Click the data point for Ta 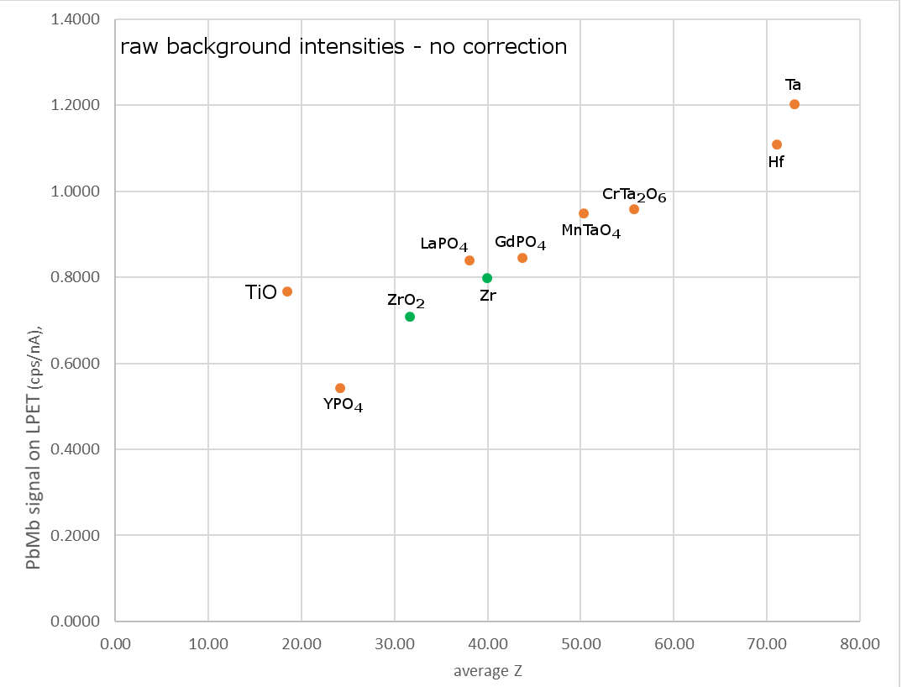point(794,104)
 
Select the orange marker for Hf point(777,144)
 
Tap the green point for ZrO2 point(410,317)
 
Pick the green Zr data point point(487,278)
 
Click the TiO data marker point(287,291)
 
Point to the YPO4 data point point(340,388)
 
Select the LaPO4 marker point(469,260)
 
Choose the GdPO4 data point point(522,258)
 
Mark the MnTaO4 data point point(584,213)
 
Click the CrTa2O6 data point point(634,209)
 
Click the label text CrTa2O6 point(634,195)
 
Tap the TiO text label point(260,292)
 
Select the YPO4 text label point(343,405)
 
